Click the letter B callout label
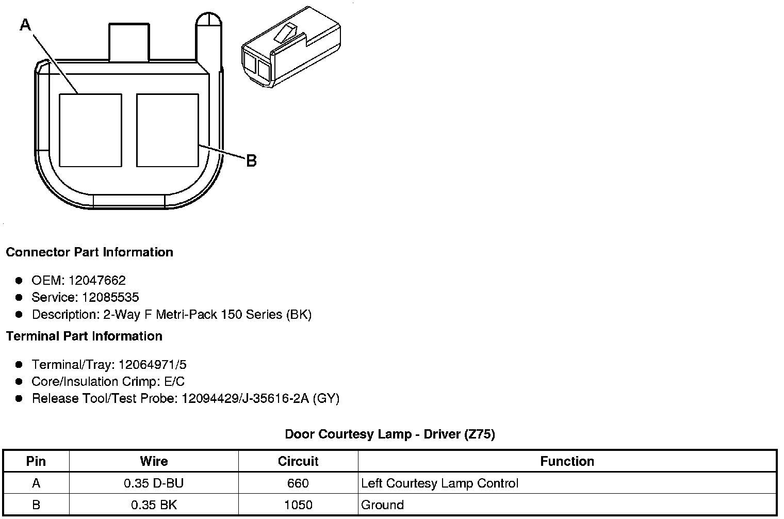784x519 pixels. point(251,161)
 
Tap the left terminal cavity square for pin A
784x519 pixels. point(91,130)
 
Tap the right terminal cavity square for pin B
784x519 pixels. point(168,130)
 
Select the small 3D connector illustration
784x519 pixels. point(290,46)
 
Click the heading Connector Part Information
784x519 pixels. point(89,252)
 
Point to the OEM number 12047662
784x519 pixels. point(96,281)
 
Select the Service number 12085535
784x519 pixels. point(110,298)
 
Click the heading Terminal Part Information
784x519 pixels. point(84,336)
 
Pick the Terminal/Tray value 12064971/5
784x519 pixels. point(152,365)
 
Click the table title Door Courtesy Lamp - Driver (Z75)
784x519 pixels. point(390,434)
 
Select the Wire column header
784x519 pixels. point(154,461)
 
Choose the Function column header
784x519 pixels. point(567,461)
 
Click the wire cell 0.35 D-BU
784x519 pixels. point(154,483)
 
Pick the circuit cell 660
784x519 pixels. point(298,483)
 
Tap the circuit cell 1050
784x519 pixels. point(298,505)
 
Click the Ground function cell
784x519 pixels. point(382,505)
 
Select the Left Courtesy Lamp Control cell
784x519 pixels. point(439,483)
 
